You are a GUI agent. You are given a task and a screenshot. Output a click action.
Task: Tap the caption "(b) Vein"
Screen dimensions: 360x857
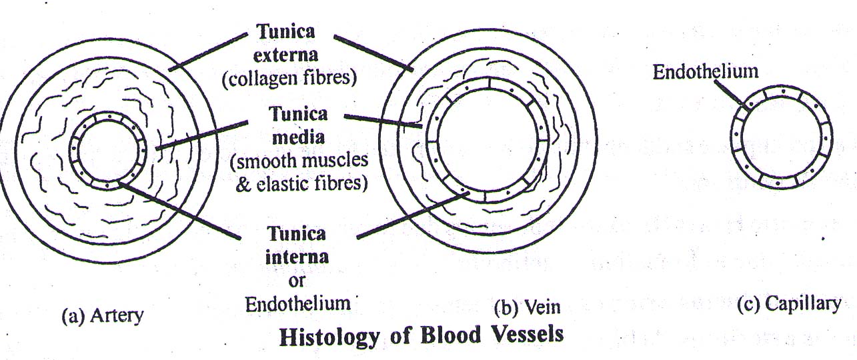pos(527,307)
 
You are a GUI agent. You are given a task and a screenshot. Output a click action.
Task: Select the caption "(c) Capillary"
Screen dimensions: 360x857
pos(788,304)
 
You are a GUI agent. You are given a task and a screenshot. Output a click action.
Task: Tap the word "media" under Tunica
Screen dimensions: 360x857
pos(298,138)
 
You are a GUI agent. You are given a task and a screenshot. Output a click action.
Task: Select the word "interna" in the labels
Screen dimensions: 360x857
pos(297,257)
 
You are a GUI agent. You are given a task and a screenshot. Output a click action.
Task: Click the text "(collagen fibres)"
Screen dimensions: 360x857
pos(289,78)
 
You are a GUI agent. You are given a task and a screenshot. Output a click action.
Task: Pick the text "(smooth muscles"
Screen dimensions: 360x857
pos(299,161)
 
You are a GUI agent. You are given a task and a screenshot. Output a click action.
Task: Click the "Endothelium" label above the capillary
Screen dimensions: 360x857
pos(706,72)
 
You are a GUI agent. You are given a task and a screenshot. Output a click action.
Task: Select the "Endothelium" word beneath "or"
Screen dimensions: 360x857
pos(298,303)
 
